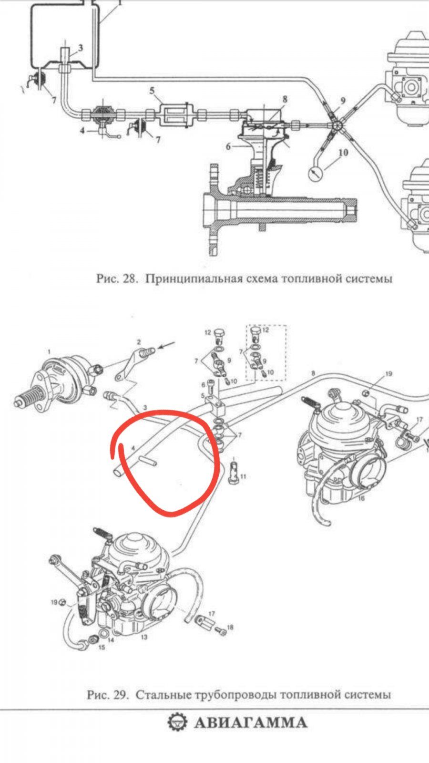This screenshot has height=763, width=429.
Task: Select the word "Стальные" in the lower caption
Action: pyautogui.click(x=161, y=694)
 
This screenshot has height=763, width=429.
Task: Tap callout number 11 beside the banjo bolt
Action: pyautogui.click(x=243, y=476)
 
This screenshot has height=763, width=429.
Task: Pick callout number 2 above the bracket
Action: pyautogui.click(x=139, y=342)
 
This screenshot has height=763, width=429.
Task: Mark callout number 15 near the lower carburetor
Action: pyautogui.click(x=102, y=647)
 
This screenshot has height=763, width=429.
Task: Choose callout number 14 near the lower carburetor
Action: pyautogui.click(x=111, y=640)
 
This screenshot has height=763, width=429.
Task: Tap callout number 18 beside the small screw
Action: pyautogui.click(x=230, y=628)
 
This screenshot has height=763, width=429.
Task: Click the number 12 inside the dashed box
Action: pyautogui.click(x=266, y=330)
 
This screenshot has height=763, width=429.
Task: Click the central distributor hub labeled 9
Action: pyautogui.click(x=337, y=125)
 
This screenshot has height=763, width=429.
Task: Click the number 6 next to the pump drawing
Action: pyautogui.click(x=228, y=146)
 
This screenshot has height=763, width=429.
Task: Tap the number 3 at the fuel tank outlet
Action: pyautogui.click(x=81, y=48)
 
